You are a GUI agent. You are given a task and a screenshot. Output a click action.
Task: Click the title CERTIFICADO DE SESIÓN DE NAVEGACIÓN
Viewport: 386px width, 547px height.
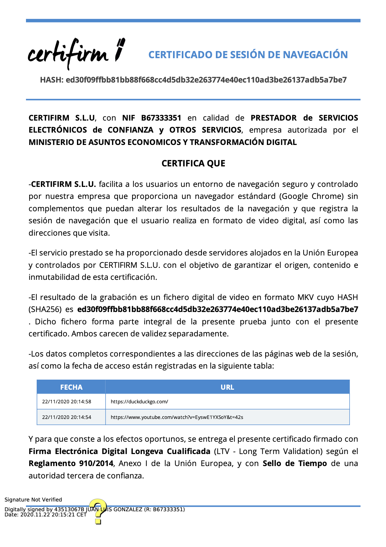[248, 55]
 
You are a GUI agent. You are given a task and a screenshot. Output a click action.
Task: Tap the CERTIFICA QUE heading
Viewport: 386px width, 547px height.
[193, 163]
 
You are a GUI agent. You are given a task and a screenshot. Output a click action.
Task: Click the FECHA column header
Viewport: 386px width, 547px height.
[71, 387]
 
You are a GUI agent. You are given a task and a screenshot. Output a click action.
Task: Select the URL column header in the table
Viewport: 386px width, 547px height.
[227, 387]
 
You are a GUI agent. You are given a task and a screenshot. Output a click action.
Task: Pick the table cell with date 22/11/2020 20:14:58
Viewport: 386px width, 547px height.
[67, 402]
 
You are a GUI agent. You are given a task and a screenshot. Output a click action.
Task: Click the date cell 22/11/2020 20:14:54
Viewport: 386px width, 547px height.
[67, 417]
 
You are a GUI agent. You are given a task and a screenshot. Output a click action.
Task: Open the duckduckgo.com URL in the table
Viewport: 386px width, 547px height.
[139, 402]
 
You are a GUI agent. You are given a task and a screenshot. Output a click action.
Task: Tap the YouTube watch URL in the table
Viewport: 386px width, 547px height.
[177, 417]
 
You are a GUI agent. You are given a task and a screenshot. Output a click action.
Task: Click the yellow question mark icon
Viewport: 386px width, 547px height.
[98, 511]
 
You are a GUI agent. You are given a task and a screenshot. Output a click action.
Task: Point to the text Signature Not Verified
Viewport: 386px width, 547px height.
[33, 500]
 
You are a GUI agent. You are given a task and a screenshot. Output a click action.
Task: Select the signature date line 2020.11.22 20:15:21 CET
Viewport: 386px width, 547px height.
[45, 514]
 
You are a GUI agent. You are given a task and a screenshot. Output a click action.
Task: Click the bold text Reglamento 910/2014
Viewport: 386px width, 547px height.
[71, 463]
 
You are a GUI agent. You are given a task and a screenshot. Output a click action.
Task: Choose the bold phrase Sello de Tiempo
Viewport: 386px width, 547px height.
[294, 463]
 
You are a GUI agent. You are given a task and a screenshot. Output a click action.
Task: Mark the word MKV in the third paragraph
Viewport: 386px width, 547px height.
[305, 297]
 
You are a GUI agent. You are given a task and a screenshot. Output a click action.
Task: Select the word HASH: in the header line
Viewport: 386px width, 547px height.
[52, 80]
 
